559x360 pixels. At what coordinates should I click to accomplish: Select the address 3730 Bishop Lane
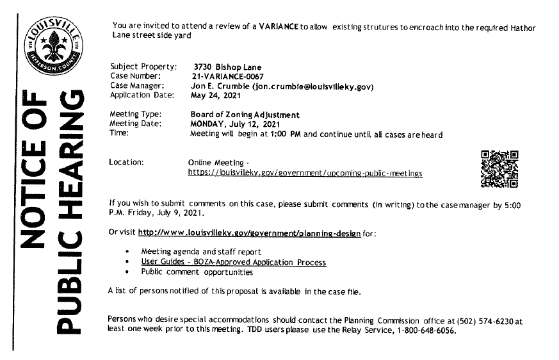coord(227,67)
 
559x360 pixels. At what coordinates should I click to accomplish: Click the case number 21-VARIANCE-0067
coord(229,77)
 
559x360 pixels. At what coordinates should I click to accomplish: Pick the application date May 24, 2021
coord(214,96)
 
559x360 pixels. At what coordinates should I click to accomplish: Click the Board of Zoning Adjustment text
coord(245,115)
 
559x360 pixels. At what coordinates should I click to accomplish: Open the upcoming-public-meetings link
coord(305,173)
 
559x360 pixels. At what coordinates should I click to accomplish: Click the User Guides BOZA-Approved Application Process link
coord(233,263)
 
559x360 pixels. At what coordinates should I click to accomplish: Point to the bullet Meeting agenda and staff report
coord(201,252)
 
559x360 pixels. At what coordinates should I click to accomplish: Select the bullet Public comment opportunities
coord(197,272)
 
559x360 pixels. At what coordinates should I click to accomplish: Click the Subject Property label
coord(143,67)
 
